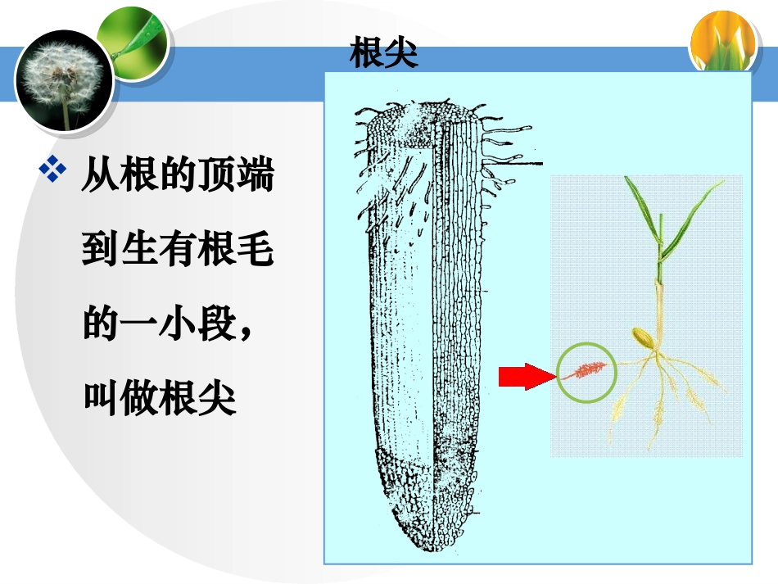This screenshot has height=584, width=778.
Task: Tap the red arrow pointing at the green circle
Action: coord(527,376)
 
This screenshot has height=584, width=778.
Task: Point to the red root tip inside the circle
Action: coord(586,371)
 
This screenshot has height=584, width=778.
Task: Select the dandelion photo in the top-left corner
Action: coord(65,79)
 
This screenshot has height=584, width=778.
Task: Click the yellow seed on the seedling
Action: coord(642,337)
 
